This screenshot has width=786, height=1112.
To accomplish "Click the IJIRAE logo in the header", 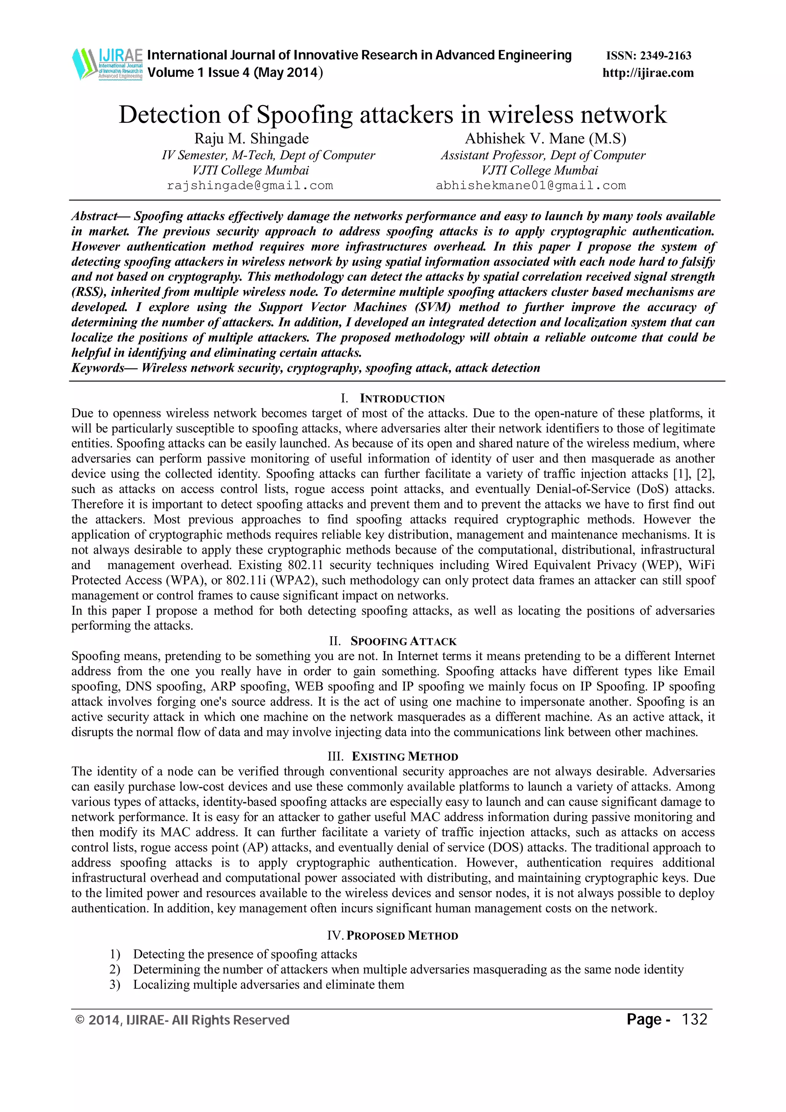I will (x=107, y=63).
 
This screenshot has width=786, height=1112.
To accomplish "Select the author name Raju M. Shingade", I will (x=251, y=139).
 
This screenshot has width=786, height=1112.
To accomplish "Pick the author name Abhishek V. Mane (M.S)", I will (x=545, y=139).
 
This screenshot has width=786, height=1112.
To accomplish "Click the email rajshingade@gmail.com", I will (x=250, y=185).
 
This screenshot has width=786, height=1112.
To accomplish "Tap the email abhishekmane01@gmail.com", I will (x=531, y=185).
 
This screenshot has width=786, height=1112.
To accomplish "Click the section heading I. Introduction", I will (x=393, y=399).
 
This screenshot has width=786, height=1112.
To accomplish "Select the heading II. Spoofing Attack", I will (x=393, y=641).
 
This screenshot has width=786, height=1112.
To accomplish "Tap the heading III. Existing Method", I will (x=393, y=757).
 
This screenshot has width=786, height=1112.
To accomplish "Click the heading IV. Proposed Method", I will (x=393, y=936).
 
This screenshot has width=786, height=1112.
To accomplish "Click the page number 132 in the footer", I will (x=695, y=1019).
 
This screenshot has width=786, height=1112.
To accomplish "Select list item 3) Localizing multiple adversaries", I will (x=268, y=985).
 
